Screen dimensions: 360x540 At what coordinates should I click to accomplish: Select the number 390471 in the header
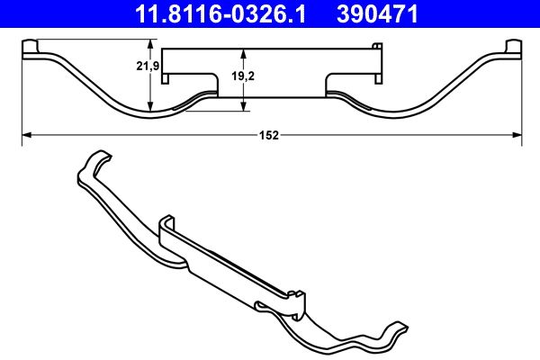[x=382, y=13]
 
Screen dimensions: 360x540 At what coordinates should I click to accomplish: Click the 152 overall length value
[x=270, y=135]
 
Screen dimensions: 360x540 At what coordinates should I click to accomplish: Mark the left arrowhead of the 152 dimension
[x=25, y=135]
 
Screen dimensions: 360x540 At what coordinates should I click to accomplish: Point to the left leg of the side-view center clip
[x=214, y=83]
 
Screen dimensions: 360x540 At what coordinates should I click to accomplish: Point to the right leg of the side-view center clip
[x=328, y=83]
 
